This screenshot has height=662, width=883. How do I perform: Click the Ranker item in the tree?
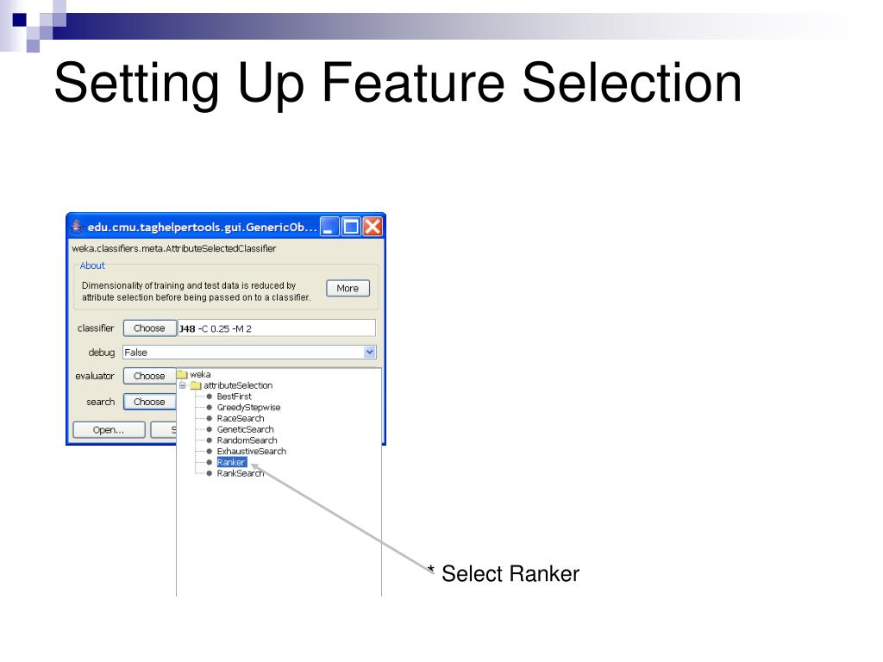pyautogui.click(x=231, y=462)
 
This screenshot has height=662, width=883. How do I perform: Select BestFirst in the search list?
pyautogui.click(x=234, y=397)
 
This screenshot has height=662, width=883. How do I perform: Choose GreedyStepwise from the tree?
pyautogui.click(x=248, y=408)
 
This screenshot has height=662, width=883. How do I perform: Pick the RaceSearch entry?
pyautogui.click(x=241, y=418)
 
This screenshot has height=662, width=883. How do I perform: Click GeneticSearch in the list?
pyautogui.click(x=245, y=429)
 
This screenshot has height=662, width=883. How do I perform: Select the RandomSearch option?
pyautogui.click(x=247, y=440)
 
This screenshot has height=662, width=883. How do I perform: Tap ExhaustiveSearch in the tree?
pyautogui.click(x=251, y=451)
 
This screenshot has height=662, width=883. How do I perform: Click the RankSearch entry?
pyautogui.click(x=240, y=473)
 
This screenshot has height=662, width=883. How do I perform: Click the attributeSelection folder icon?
pyautogui.click(x=196, y=385)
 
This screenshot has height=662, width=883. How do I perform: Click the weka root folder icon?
pyautogui.click(x=182, y=374)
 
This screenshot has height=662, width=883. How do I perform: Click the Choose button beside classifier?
pyautogui.click(x=149, y=328)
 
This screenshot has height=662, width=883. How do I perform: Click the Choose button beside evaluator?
pyautogui.click(x=149, y=376)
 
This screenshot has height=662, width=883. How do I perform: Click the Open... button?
pyautogui.click(x=109, y=430)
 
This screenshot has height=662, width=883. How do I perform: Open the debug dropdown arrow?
pyautogui.click(x=370, y=352)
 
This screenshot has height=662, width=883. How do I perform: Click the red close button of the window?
pyautogui.click(x=373, y=228)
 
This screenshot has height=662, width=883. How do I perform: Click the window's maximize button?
pyautogui.click(x=351, y=228)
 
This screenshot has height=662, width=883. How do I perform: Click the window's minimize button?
pyautogui.click(x=329, y=228)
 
